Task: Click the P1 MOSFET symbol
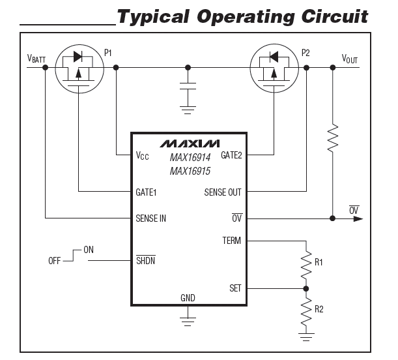[78, 68]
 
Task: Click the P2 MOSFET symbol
[275, 68]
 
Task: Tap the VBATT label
[37, 59]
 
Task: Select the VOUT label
[350, 59]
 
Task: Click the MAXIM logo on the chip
[190, 143]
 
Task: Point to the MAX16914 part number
[190, 158]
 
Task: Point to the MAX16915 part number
[190, 172]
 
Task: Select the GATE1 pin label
[147, 192]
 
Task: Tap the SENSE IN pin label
[151, 218]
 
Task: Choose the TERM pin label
[231, 241]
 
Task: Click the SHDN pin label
[146, 261]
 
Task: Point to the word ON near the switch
[89, 250]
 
